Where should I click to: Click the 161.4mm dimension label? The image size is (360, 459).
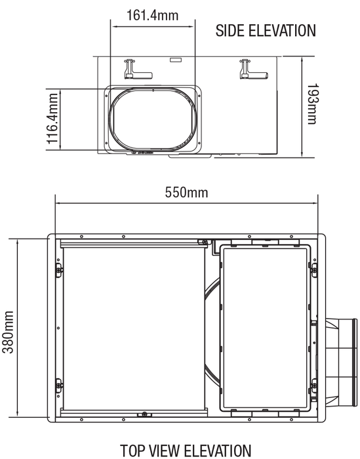pyautogui.click(x=152, y=15)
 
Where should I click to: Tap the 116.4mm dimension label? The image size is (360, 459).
pyautogui.click(x=52, y=119)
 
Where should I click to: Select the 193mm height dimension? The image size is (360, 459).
pyautogui.click(x=312, y=104)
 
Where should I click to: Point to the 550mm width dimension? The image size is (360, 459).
pyautogui.click(x=186, y=192)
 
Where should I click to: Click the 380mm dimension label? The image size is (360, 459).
pyautogui.click(x=8, y=332)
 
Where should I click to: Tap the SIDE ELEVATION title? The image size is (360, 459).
pyautogui.click(x=266, y=30)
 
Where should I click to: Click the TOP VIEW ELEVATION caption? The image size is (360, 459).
pyautogui.click(x=186, y=450)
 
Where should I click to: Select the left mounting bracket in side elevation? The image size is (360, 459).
pyautogui.click(x=138, y=69)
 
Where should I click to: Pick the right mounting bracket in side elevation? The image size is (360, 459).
pyautogui.click(x=254, y=69)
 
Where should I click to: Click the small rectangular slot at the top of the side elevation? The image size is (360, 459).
pyautogui.click(x=176, y=60)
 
